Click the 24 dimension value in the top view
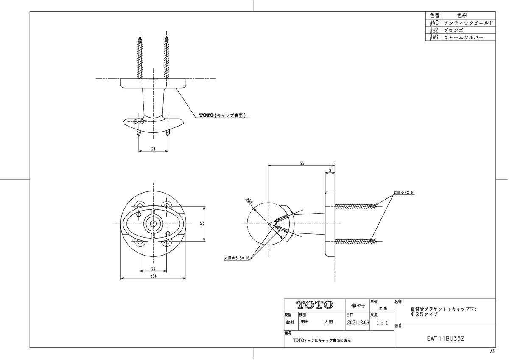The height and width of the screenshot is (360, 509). tap(154, 149)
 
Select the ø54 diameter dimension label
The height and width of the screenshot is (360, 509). tap(154, 276)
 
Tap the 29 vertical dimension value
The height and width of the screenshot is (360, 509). tap(202, 223)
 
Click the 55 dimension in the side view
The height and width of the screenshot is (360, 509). tap(302, 163)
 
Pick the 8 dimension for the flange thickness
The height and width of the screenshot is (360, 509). tap(330, 171)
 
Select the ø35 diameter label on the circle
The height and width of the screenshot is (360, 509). tap(250, 202)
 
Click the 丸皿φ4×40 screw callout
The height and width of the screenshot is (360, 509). tap(403, 193)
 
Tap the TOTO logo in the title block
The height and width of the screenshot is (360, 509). tap(314, 305)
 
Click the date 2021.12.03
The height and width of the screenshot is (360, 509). tap(358, 323)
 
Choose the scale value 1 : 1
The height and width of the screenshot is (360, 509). tap(382, 323)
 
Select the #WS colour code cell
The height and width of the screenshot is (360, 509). tap(433, 38)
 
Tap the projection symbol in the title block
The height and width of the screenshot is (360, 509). tap(358, 305)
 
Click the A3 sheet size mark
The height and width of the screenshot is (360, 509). tap(492, 352)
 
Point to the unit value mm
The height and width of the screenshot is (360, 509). tap(383, 308)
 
